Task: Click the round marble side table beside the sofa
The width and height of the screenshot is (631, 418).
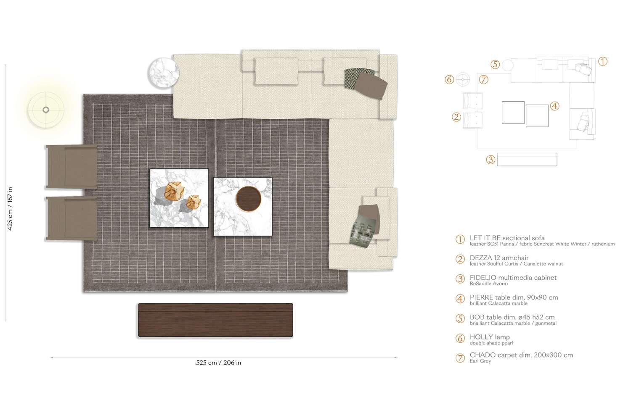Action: point(164,73)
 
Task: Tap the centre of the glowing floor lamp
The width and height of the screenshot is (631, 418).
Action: point(46,110)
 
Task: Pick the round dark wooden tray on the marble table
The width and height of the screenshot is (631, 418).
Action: point(248,198)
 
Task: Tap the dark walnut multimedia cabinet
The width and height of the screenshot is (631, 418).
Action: point(215,320)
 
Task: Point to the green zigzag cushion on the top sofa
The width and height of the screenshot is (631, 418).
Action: point(353,78)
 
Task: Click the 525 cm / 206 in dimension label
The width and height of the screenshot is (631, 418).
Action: point(218,363)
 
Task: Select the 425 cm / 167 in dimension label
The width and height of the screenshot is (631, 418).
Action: point(11,209)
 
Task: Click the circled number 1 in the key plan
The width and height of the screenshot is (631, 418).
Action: point(602,62)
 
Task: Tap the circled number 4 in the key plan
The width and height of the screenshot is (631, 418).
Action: point(554,106)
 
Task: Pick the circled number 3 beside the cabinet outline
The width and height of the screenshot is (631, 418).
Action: point(490,160)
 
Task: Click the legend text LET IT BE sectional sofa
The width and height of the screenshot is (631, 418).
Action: point(507,238)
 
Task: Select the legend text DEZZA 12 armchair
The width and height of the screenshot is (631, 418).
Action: point(499,258)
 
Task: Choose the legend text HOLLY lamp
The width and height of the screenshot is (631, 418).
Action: point(490,337)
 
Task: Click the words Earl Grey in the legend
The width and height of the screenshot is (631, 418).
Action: point(480,361)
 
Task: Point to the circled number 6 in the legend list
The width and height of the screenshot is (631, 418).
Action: point(460,339)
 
